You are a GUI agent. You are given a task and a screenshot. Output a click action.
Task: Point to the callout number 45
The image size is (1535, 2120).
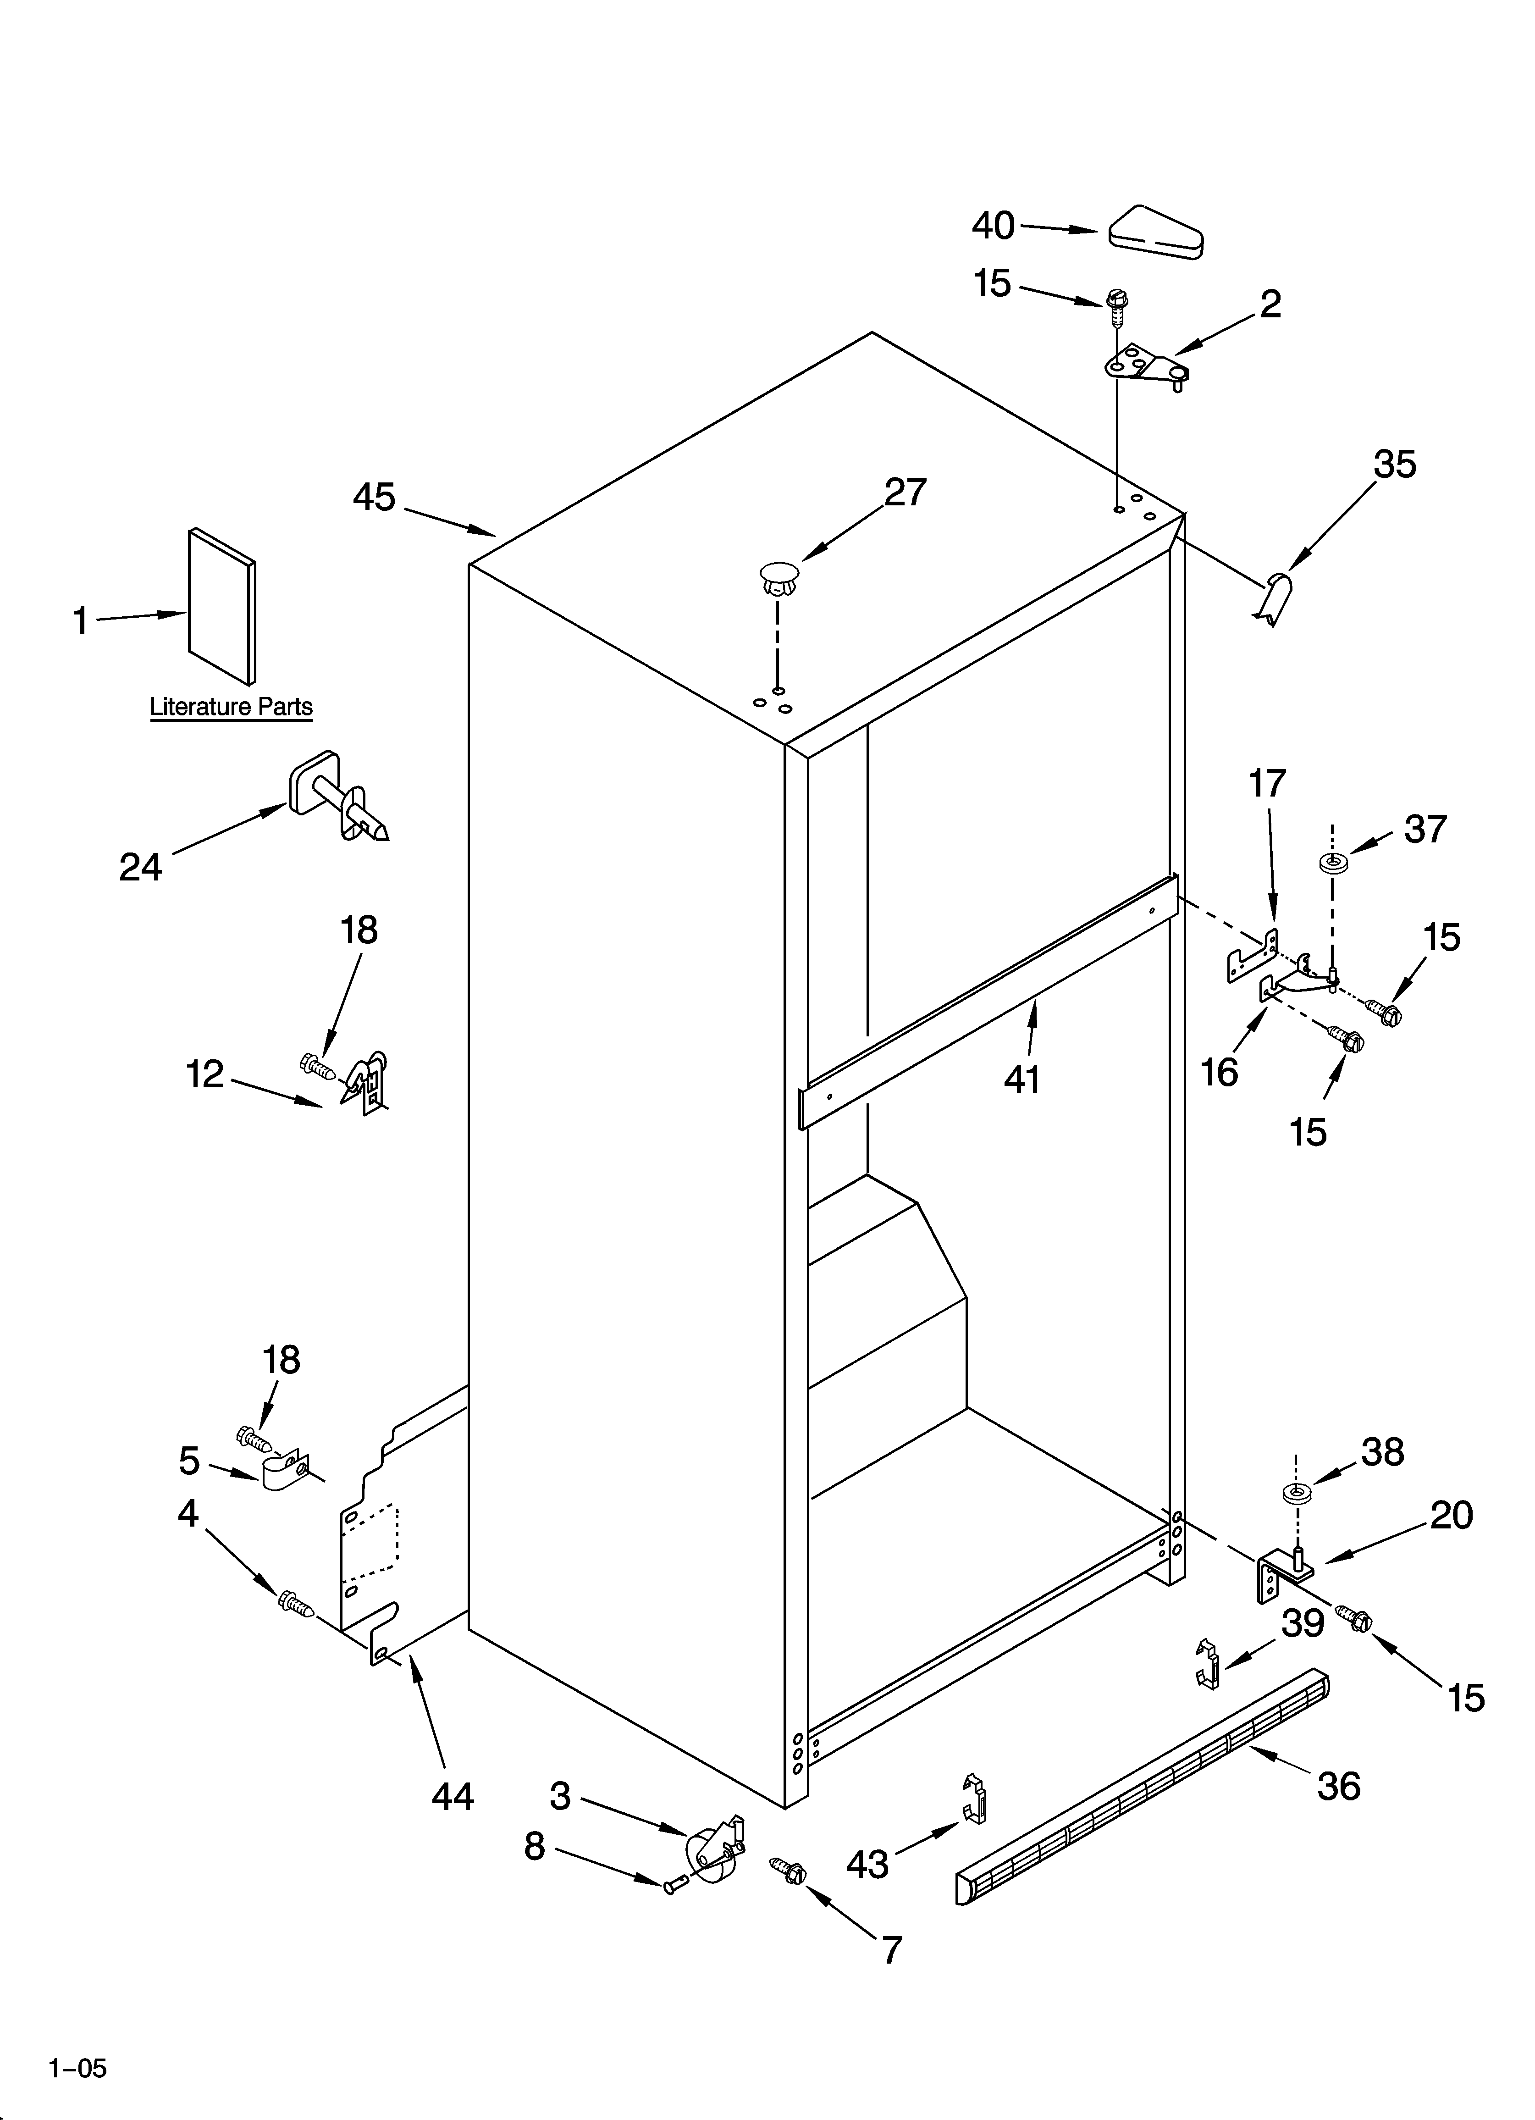374,497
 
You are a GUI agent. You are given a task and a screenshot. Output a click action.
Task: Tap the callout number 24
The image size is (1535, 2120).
140,868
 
